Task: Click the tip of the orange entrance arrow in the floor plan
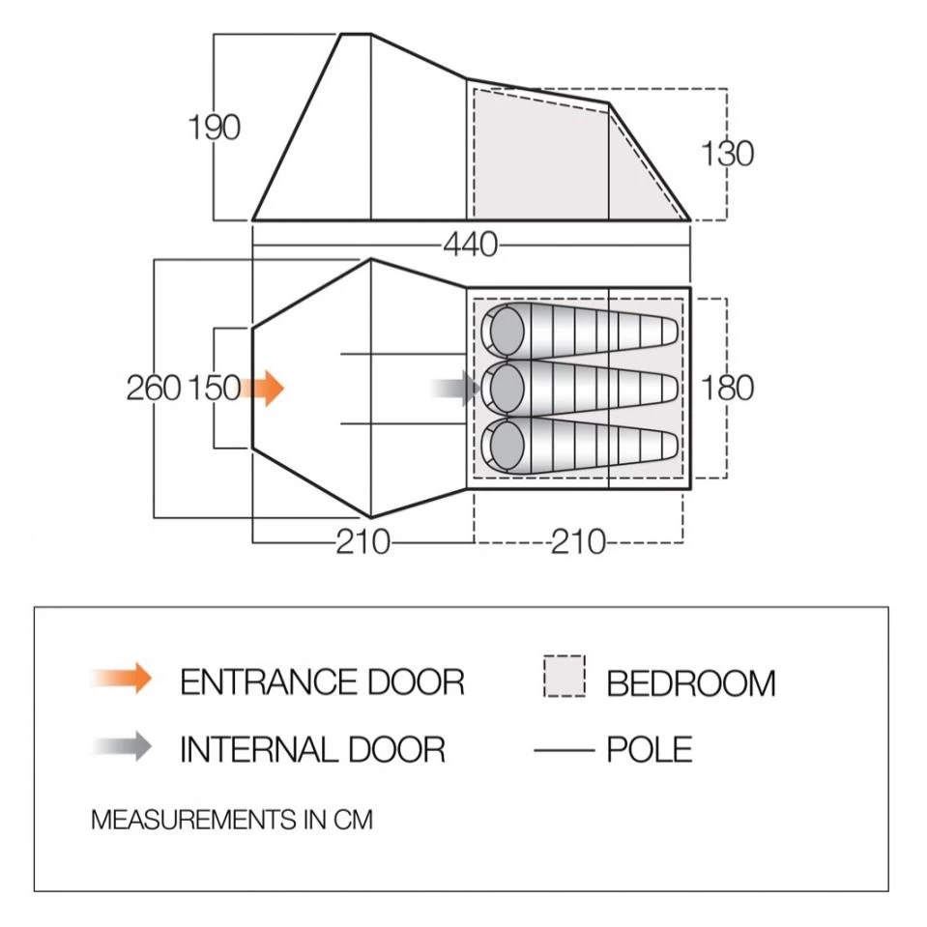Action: (284, 389)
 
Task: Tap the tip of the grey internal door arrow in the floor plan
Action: (480, 389)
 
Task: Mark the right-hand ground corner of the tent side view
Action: (690, 220)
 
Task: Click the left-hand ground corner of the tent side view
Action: (253, 220)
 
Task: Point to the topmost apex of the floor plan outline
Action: (370, 259)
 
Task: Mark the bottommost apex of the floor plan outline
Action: (370, 517)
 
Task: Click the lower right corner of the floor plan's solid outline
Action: (690, 489)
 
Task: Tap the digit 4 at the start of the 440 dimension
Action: (452, 245)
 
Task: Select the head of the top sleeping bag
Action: (507, 332)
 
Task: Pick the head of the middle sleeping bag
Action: (507, 389)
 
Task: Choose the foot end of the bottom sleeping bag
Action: (669, 446)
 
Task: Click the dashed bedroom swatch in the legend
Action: (565, 676)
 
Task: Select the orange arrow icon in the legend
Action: (122, 678)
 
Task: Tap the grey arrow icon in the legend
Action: (122, 746)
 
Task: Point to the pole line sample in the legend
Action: (564, 750)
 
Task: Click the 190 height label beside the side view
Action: (214, 128)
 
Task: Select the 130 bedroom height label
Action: (727, 154)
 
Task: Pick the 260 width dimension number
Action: (153, 389)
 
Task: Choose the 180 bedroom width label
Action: (727, 389)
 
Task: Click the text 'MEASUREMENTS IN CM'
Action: (232, 820)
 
